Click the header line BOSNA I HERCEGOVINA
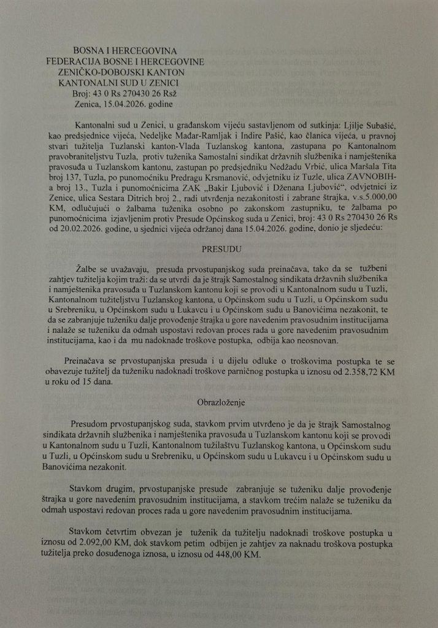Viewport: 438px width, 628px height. [124, 52]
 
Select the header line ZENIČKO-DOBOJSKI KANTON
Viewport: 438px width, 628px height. [126, 72]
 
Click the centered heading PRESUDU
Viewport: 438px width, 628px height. [220, 250]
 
